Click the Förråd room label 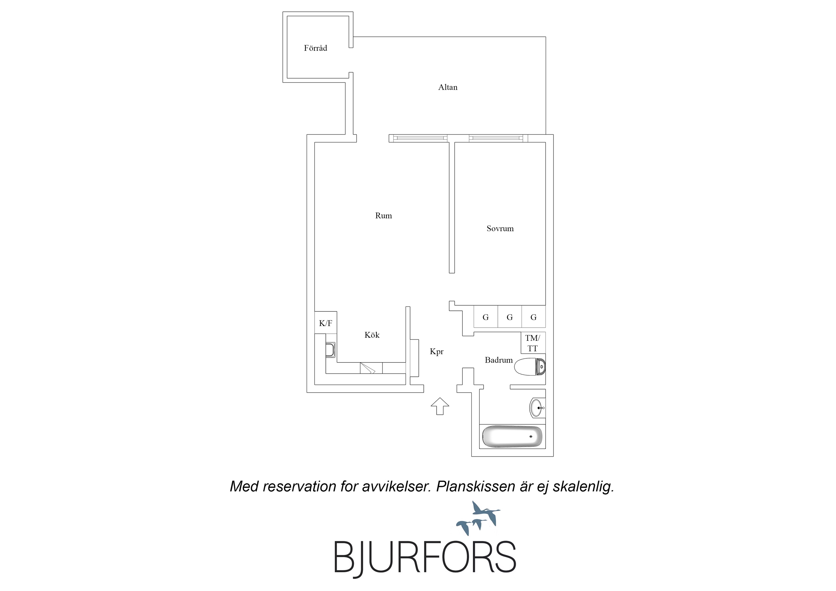point(315,48)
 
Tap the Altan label point(448,87)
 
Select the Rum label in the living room point(383,216)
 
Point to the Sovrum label point(500,228)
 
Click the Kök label point(372,335)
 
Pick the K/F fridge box point(326,322)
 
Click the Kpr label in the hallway point(437,352)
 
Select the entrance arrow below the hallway point(440,406)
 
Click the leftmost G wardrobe point(486,317)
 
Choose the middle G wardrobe point(510,317)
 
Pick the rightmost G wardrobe point(534,317)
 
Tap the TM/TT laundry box point(533,342)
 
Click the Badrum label point(498,360)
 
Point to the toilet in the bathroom point(530,367)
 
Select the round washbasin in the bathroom point(537,408)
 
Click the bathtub point(512,436)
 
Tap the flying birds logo point(478,518)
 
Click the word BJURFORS point(425,557)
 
